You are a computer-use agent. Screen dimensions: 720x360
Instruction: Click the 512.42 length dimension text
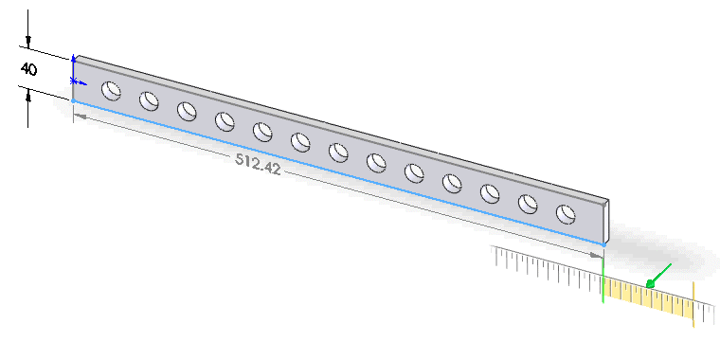(258, 163)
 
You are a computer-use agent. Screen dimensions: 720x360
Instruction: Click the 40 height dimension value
(29, 69)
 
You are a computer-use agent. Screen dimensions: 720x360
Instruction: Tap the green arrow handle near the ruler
(658, 276)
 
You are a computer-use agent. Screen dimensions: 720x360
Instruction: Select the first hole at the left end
(111, 90)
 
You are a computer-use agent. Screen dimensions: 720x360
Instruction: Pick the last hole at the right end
(566, 214)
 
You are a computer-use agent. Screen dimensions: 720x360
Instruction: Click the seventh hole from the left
(338, 153)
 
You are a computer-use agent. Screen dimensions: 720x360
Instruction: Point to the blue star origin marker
(75, 81)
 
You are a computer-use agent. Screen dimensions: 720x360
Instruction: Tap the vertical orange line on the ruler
(693, 304)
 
